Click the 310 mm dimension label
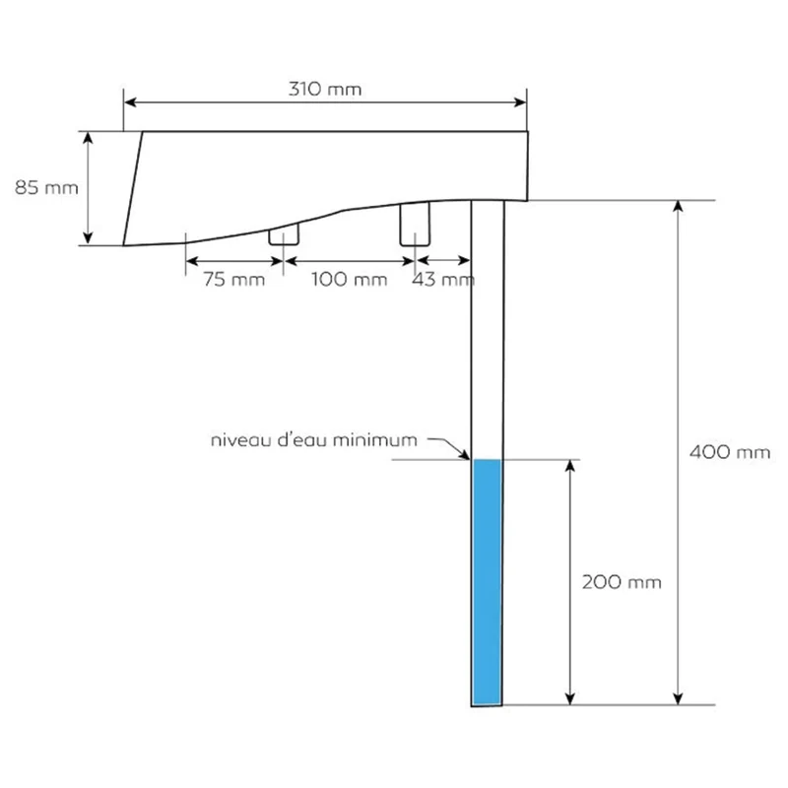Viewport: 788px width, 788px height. click(x=325, y=89)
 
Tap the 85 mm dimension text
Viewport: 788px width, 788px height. click(x=46, y=187)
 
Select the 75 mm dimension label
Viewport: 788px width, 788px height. click(x=234, y=279)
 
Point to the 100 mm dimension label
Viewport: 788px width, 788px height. click(x=350, y=279)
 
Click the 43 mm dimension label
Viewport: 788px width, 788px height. click(x=442, y=279)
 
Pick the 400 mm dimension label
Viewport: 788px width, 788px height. click(x=730, y=452)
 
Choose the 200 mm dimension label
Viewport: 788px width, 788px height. click(x=622, y=582)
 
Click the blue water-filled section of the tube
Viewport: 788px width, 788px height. click(x=488, y=582)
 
